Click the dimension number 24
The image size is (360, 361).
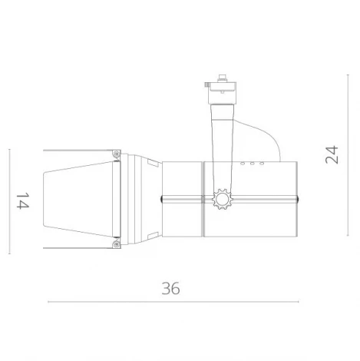(x=332, y=155)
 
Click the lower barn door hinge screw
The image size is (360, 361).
(x=115, y=245)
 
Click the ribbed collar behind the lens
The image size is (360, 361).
(x=138, y=200)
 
